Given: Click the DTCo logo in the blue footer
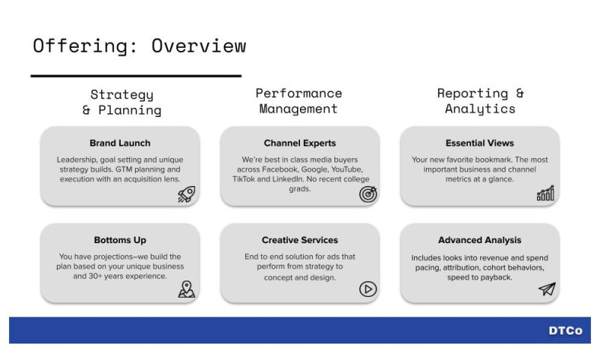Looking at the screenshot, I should coord(564,331).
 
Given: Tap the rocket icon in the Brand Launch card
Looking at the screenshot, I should coord(186,194).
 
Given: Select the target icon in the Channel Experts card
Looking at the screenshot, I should coord(367,194).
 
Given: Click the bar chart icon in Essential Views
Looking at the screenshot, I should coord(545,194).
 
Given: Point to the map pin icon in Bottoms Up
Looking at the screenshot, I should coord(186,289).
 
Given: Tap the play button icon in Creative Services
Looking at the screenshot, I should coord(367,289).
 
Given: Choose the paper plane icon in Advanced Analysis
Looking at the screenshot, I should coord(547,289).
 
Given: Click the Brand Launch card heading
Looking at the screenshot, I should coord(120,142).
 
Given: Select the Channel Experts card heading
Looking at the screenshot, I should coord(300,142).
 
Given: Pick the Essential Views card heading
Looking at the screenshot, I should coord(480,142).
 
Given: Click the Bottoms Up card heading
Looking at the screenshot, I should coord(120,240).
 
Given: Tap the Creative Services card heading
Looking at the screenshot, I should coord(300,240).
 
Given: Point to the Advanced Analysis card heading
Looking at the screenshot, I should coord(480,240).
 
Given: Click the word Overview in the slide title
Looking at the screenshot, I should coord(198,46).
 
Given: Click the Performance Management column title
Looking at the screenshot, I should coord(298,101).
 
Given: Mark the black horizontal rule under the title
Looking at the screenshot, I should coord(136,76).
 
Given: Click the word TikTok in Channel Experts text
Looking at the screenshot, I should coord(244,179).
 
